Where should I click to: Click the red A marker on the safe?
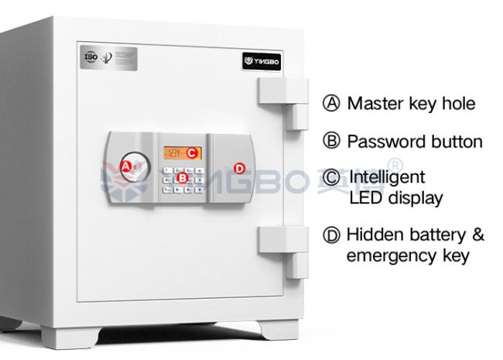pyautogui.click(x=126, y=165)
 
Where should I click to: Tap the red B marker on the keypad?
pyautogui.click(x=183, y=178)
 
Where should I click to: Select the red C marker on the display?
pyautogui.click(x=190, y=153)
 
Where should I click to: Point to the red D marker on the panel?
pyautogui.click(x=239, y=167)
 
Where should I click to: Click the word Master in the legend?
pyautogui.click(x=375, y=103)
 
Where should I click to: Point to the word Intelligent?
pyautogui.click(x=386, y=178)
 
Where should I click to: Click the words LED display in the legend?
pyautogui.click(x=395, y=198)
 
